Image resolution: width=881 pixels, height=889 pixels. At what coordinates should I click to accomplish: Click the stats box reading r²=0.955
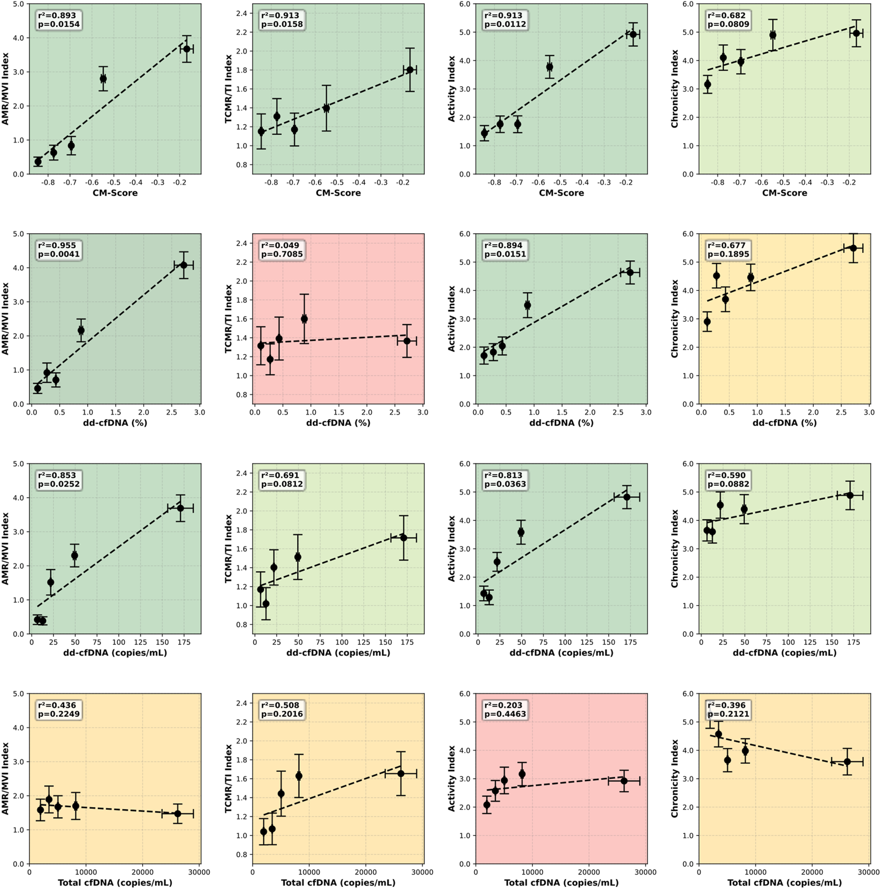[x=58, y=250]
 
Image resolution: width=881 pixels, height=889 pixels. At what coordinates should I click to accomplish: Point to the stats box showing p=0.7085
[x=281, y=250]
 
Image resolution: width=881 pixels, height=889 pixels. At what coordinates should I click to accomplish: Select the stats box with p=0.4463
[x=505, y=710]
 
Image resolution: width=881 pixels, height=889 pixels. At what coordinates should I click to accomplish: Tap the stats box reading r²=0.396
[x=728, y=710]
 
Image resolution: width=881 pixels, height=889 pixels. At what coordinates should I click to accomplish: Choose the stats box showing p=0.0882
[x=728, y=480]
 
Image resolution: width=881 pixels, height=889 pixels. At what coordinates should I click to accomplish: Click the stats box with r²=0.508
[x=281, y=710]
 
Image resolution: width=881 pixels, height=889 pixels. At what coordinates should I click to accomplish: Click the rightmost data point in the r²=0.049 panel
[x=407, y=341]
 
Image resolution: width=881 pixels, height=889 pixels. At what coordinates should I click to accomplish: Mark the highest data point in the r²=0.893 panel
[x=187, y=49]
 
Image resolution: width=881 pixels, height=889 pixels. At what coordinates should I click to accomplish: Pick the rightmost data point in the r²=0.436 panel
[x=177, y=814]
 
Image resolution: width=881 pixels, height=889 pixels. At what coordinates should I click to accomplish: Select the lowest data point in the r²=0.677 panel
[x=707, y=322]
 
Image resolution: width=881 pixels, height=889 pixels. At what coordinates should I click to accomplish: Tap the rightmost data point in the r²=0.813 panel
[x=627, y=497]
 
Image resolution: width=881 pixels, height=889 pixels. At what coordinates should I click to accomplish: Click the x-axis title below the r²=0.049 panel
[x=338, y=423]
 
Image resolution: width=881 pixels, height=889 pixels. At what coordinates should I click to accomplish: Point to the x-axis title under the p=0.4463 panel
[x=561, y=883]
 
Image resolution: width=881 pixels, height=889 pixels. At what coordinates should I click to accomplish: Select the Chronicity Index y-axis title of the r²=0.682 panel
[x=675, y=89]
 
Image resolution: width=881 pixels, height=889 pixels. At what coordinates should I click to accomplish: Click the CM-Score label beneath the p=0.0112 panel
[x=561, y=193]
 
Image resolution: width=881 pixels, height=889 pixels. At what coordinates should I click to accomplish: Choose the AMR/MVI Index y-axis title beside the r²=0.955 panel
[x=5, y=319]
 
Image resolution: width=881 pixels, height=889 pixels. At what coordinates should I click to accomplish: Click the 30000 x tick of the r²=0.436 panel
[x=199, y=872]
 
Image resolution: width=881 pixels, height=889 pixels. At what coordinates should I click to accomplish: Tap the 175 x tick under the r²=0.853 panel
[x=184, y=642]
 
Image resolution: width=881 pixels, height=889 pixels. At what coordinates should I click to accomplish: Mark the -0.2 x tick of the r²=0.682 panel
[x=850, y=182]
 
